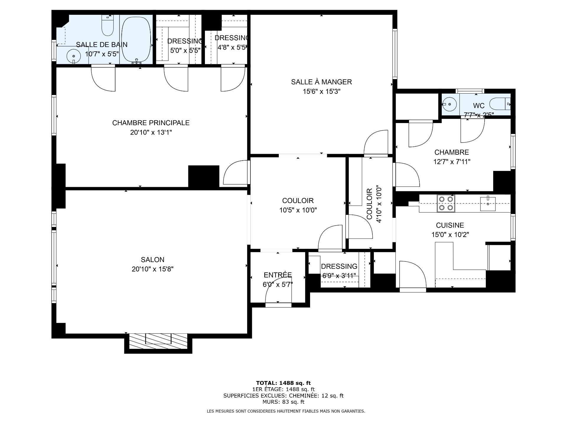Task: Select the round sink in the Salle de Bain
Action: coord(73,55)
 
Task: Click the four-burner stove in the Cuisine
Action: coord(446,203)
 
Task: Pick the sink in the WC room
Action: coord(449,104)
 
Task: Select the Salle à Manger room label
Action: coord(322,82)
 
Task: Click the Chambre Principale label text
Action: coord(151,123)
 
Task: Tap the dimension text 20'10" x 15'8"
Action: coord(153,269)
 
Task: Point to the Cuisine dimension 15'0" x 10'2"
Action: coord(450,235)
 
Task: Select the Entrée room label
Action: coord(278,275)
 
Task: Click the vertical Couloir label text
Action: coord(369,204)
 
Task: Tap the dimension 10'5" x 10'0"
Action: coord(298,210)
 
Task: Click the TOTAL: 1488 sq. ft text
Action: coord(283,383)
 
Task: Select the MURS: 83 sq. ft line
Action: coord(283,402)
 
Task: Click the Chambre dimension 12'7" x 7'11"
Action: coord(452,162)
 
